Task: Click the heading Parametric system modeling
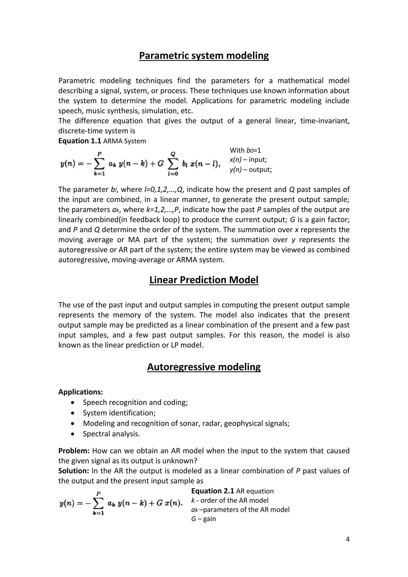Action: [204, 56]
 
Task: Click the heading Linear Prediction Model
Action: [204, 280]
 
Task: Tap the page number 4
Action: [347, 539]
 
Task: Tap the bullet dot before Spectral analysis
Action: [73, 434]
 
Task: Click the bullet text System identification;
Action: [119, 413]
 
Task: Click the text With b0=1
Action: [245, 150]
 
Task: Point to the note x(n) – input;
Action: [248, 160]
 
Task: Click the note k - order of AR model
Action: [230, 500]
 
